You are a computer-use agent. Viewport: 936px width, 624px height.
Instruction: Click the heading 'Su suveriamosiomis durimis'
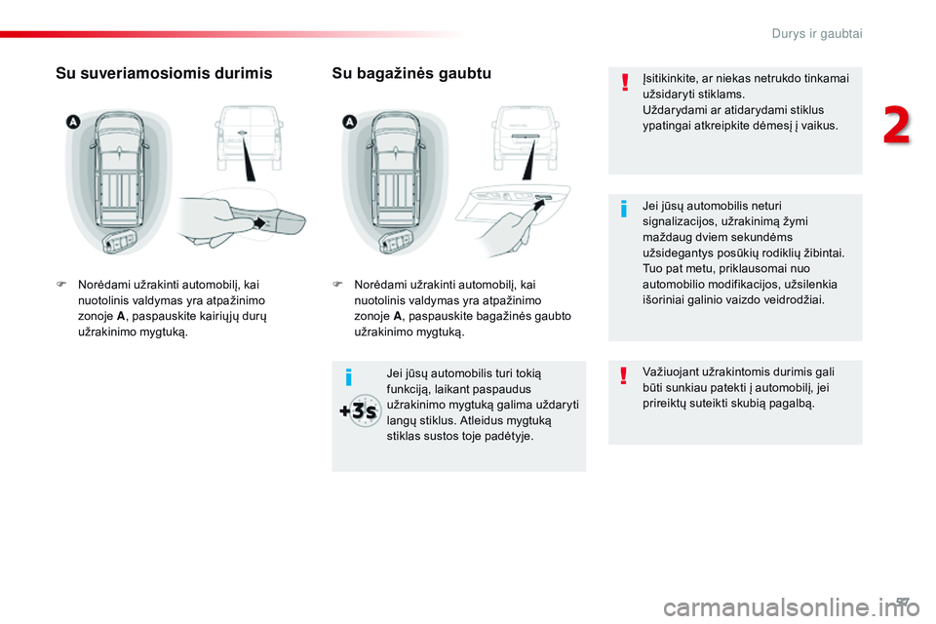pyautogui.click(x=165, y=73)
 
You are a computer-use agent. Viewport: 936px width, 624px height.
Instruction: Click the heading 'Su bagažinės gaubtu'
pyautogui.click(x=411, y=73)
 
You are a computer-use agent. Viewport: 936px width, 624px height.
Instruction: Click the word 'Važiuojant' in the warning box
pyautogui.click(x=674, y=371)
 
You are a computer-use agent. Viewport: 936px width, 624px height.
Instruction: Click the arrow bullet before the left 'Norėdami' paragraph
pyautogui.click(x=60, y=285)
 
